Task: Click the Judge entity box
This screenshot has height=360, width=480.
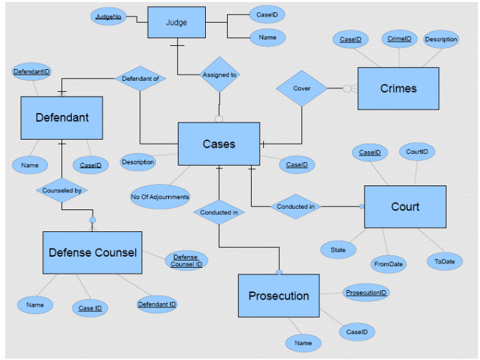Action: click(x=176, y=23)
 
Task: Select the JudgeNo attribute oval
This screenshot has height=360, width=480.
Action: click(x=108, y=16)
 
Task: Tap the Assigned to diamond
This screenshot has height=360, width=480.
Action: click(x=219, y=75)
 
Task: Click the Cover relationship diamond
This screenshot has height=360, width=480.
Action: click(x=302, y=88)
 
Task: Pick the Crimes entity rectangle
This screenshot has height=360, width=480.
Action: click(x=398, y=88)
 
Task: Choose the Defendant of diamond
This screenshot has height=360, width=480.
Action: click(x=140, y=79)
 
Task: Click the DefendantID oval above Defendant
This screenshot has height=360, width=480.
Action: click(x=32, y=71)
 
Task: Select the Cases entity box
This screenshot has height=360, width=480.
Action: click(x=219, y=144)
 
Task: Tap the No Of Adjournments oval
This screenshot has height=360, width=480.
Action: click(x=160, y=197)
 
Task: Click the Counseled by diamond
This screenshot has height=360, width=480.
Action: click(x=62, y=191)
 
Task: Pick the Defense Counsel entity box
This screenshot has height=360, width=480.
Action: click(x=92, y=253)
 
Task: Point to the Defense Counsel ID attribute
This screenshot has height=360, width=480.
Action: click(x=186, y=260)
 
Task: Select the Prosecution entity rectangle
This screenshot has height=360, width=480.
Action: click(x=278, y=296)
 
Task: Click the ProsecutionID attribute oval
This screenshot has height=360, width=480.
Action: click(x=366, y=292)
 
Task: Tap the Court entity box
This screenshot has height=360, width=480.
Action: click(x=405, y=207)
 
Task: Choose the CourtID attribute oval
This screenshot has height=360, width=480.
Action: click(x=417, y=151)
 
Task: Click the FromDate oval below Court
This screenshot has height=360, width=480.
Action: click(x=388, y=263)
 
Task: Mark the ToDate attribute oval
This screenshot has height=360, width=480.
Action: click(x=444, y=261)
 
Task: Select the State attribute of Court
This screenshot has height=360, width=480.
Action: click(x=338, y=250)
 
